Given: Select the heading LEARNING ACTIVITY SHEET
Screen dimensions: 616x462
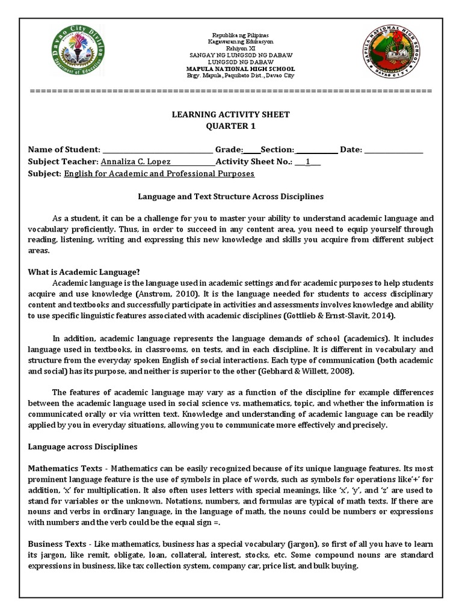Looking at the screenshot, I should (x=231, y=114).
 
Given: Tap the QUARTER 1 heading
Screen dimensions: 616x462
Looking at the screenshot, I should (x=231, y=126).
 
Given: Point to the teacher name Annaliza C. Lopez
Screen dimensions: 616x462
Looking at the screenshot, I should (x=136, y=162).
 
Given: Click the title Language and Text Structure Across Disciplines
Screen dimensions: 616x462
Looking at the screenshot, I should (x=231, y=197).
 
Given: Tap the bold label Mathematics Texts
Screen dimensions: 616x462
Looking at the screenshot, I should (x=66, y=468).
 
